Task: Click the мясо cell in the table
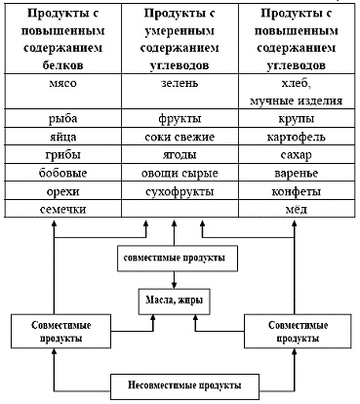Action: (x=57, y=85)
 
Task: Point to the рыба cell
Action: (x=57, y=119)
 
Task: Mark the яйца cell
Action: (x=57, y=137)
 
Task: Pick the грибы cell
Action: (x=57, y=154)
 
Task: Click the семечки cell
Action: (x=57, y=208)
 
